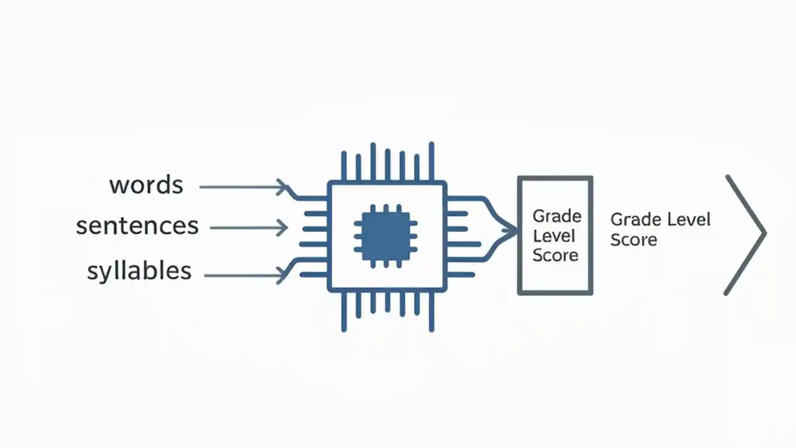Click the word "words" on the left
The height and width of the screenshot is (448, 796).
[x=146, y=185]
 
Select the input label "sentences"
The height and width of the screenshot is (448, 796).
[x=137, y=226]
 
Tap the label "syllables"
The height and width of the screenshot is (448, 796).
[x=139, y=271]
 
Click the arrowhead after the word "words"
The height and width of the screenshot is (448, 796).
[x=282, y=187]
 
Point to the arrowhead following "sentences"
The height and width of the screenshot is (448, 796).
[x=282, y=228]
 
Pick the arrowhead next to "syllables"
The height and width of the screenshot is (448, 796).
[x=282, y=276]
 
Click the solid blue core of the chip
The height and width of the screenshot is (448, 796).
[x=386, y=236]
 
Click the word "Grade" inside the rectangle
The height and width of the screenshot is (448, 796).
[x=557, y=216]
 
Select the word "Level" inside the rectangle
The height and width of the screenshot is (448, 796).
[x=554, y=236]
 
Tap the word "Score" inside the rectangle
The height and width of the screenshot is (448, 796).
[x=555, y=255]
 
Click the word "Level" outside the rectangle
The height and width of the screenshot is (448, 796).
[x=688, y=220]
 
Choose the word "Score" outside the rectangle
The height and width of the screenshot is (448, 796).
[x=634, y=240]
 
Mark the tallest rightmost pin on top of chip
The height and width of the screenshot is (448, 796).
[x=432, y=161]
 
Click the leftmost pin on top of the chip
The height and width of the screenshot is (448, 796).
[x=344, y=166]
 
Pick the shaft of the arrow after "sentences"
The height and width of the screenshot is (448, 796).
[x=245, y=228]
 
